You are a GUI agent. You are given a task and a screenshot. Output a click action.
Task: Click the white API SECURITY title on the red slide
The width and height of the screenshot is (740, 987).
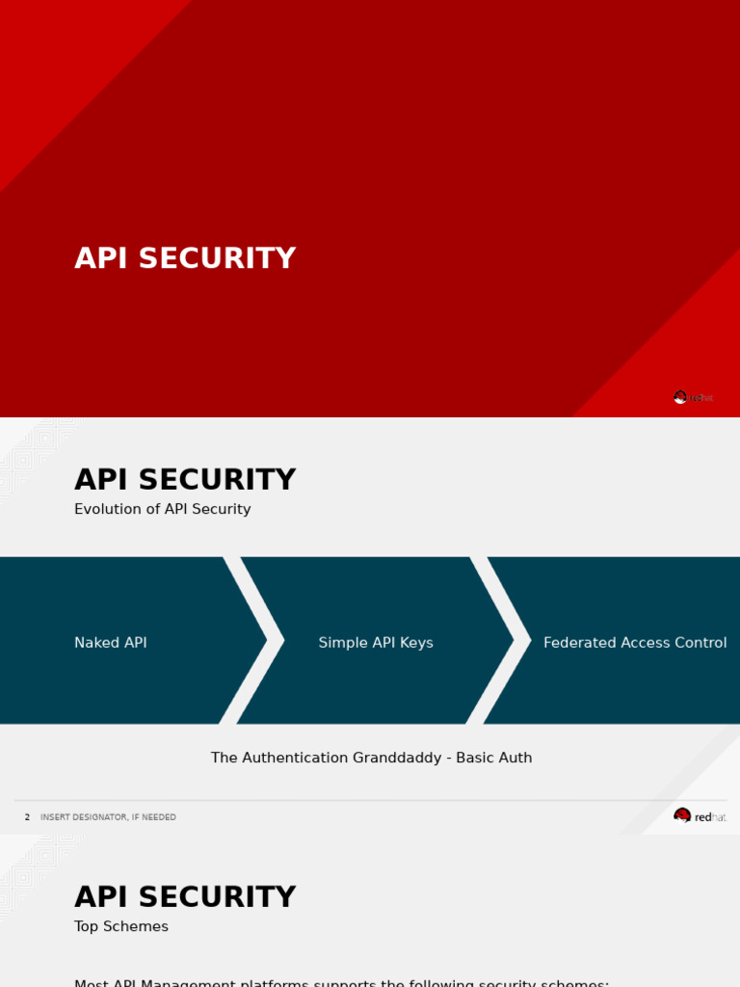click(x=185, y=258)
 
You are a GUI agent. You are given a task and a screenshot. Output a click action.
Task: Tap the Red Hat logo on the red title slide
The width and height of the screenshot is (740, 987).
click(x=694, y=397)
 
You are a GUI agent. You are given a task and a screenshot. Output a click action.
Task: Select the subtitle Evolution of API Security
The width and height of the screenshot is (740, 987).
click(x=162, y=509)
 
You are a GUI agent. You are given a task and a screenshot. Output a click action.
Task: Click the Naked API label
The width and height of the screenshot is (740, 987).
click(x=111, y=643)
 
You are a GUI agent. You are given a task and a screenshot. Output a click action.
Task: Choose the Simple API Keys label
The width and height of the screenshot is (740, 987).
click(x=376, y=643)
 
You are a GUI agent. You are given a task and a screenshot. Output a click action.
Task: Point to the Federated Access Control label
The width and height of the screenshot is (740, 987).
click(x=635, y=643)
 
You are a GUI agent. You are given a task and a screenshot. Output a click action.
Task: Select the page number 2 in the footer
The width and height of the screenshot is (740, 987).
click(x=27, y=817)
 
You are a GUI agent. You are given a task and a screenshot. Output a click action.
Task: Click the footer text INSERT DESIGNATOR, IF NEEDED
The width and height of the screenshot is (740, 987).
click(x=108, y=817)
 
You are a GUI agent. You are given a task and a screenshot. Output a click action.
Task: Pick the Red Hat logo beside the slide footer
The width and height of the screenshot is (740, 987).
click(x=700, y=816)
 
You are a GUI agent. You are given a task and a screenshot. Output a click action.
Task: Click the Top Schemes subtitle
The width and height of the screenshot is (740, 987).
click(x=121, y=926)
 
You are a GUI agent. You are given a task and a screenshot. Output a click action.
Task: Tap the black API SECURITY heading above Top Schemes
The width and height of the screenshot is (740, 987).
click(x=185, y=897)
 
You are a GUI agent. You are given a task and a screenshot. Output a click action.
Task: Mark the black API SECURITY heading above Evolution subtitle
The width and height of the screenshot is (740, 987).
click(x=185, y=480)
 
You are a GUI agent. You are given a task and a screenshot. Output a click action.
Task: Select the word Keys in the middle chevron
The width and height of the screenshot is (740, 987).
click(x=416, y=643)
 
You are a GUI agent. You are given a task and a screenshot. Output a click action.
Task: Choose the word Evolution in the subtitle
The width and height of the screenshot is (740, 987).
click(x=108, y=509)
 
